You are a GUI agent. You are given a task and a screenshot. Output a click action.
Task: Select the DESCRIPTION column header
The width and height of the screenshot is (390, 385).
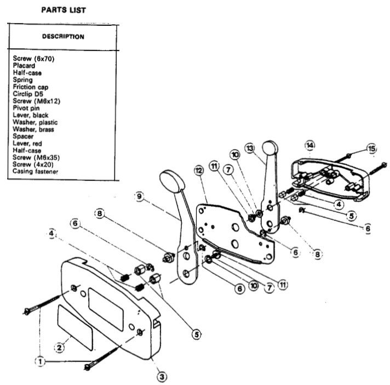coord(63,37)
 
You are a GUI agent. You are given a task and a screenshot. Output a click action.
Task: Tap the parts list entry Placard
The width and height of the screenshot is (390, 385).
coord(24,65)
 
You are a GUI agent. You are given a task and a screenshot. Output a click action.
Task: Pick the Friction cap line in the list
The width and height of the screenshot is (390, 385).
coord(30,87)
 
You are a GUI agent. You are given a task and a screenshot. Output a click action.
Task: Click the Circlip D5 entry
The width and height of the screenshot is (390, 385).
coord(28,94)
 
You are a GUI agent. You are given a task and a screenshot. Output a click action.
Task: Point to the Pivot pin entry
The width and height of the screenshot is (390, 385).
coord(26,108)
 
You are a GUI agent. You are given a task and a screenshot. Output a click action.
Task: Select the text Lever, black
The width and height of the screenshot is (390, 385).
coord(30,115)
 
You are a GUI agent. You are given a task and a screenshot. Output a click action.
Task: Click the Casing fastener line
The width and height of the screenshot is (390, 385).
coord(36,172)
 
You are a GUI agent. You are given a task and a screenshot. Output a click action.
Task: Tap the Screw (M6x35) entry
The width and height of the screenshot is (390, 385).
coord(33,157)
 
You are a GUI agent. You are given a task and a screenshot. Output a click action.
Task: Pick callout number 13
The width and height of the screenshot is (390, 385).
coord(250,149)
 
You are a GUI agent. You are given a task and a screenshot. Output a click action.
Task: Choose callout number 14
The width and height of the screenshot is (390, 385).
coord(310,145)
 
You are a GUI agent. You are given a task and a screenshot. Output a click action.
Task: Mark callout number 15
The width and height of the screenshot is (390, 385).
coord(372,148)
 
